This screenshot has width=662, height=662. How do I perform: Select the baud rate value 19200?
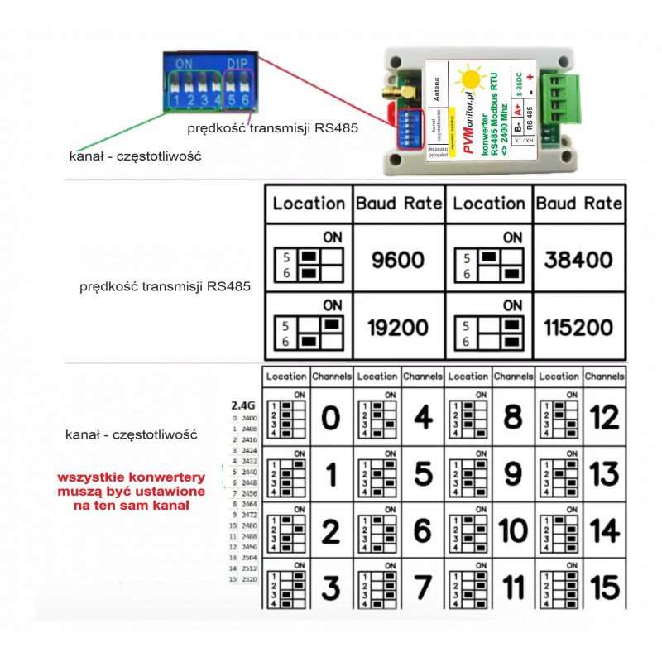[399, 328]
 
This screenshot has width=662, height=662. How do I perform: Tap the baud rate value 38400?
[578, 261]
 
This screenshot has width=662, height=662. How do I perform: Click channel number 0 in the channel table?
[330, 420]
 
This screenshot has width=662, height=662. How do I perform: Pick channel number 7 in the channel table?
[422, 588]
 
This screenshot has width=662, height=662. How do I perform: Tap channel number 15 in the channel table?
[605, 588]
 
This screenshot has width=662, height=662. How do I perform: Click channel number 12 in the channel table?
[605, 420]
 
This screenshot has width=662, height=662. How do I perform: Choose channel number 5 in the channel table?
[422, 475]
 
